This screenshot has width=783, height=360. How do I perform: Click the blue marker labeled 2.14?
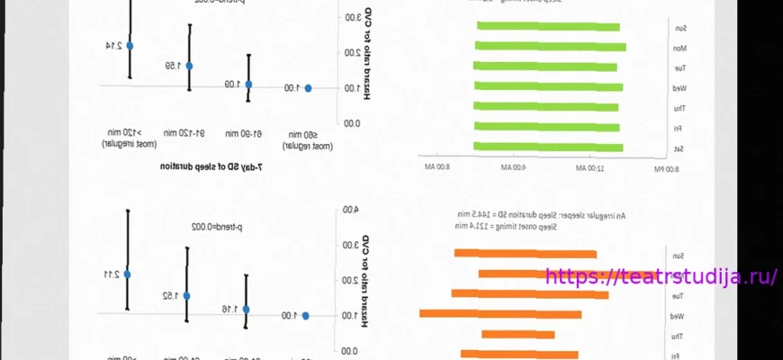pos(130,45)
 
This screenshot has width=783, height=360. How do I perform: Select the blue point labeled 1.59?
pos(190,64)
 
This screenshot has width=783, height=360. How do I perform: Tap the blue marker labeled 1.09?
pos(249,85)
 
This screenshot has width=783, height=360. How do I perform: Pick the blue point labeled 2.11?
pos(128,274)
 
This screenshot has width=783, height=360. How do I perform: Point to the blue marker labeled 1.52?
pos(187,295)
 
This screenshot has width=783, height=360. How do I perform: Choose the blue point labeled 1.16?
pos(247,310)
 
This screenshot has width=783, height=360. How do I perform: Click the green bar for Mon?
pos(550,47)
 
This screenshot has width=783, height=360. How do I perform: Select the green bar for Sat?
pos(548,147)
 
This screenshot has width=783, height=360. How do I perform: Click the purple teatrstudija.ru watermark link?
pos(661,277)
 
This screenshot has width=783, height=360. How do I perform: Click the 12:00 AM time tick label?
pos(590,168)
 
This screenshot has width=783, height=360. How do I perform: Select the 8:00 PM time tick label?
pos(666,168)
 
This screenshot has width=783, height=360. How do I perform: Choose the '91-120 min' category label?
pos(189,133)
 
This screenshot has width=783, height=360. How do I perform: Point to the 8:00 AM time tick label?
pos(436,168)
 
